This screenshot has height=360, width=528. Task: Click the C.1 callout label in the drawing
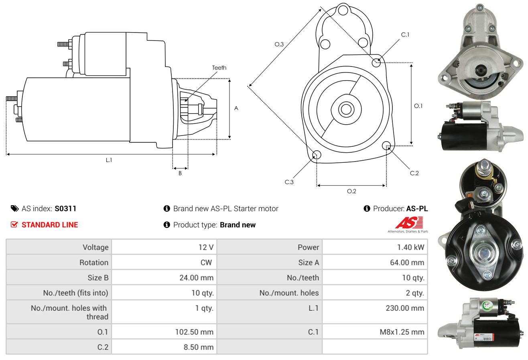pos(405,34)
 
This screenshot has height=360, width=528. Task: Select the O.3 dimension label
pos(279,44)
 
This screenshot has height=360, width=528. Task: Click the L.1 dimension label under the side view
pos(109,160)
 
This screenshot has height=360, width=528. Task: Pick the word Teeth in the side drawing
pos(219,68)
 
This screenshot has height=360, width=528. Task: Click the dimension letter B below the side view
pos(180,174)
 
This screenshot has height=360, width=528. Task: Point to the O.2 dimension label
pos(351,191)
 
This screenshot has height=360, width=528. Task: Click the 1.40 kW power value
pos(410,247)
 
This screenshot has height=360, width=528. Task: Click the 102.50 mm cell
pos(194,332)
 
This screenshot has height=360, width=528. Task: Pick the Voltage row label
pos(95,247)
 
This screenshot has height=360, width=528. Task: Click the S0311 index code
pos(65,208)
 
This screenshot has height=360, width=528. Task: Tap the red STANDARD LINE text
pos(50,225)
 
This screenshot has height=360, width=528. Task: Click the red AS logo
pos(409,223)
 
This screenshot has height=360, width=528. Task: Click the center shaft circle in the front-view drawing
pos(345,109)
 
